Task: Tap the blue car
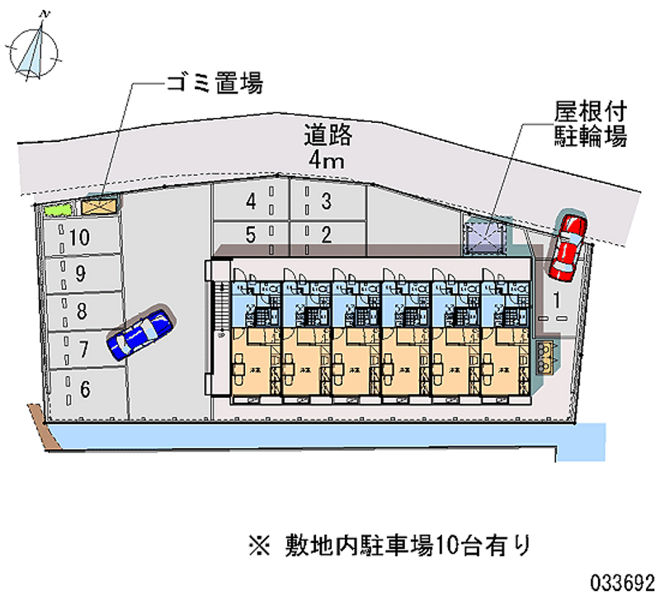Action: [140, 334]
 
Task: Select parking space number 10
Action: [80, 239]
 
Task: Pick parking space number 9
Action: [80, 276]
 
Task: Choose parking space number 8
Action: [82, 312]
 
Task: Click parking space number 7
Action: [82, 348]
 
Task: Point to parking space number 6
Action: [85, 389]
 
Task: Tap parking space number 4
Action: [251, 201]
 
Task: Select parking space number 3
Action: [327, 201]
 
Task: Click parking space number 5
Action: [251, 235]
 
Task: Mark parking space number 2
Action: [327, 235]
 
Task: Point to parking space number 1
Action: [559, 298]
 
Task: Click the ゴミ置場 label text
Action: [214, 83]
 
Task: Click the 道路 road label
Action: [328, 133]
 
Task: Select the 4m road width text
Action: [328, 159]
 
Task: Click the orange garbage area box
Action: [99, 204]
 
